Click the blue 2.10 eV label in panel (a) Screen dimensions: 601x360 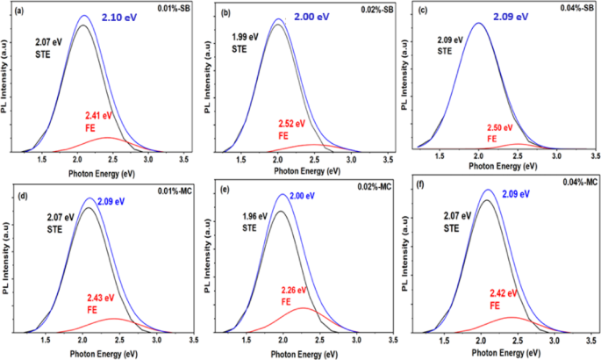coord(118,18)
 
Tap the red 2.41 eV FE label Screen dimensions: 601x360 coord(98,121)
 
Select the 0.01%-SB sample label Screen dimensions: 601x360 coord(174,8)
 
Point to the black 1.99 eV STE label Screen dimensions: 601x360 coord(245,43)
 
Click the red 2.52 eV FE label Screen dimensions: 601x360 coord(291,130)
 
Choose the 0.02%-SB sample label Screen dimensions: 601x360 coord(377,9)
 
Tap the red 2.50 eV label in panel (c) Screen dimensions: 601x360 coord(500,127)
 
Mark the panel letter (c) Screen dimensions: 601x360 coord(422,11)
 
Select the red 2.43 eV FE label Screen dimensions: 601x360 coord(100,304)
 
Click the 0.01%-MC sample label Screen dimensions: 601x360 coord(175,191)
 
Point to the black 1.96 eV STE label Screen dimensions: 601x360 coord(254,222)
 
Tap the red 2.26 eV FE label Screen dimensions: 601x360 coord(294,296)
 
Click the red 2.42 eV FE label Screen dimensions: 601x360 coord(504,299)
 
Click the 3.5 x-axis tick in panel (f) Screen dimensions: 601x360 coord(591,340)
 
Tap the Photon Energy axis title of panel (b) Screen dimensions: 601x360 coord(307,171)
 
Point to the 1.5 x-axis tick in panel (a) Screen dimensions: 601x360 coord(42,159)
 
